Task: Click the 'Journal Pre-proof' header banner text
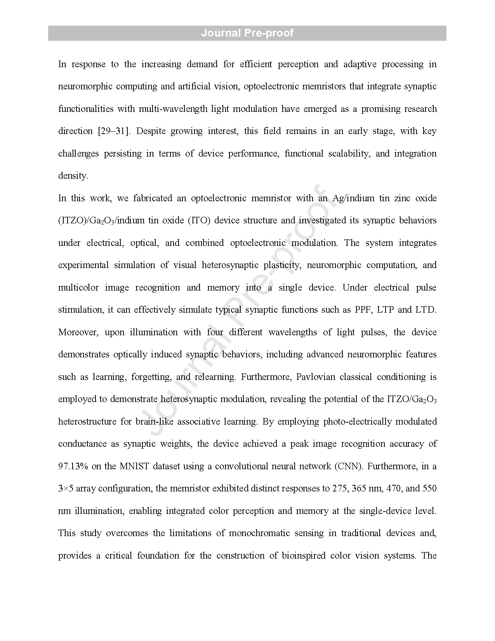coord(247,33)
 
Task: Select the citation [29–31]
coord(114,131)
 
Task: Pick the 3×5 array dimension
coord(66,488)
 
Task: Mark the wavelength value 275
coord(340,488)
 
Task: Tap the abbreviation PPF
coord(363,310)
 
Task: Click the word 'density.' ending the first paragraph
coord(73,176)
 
